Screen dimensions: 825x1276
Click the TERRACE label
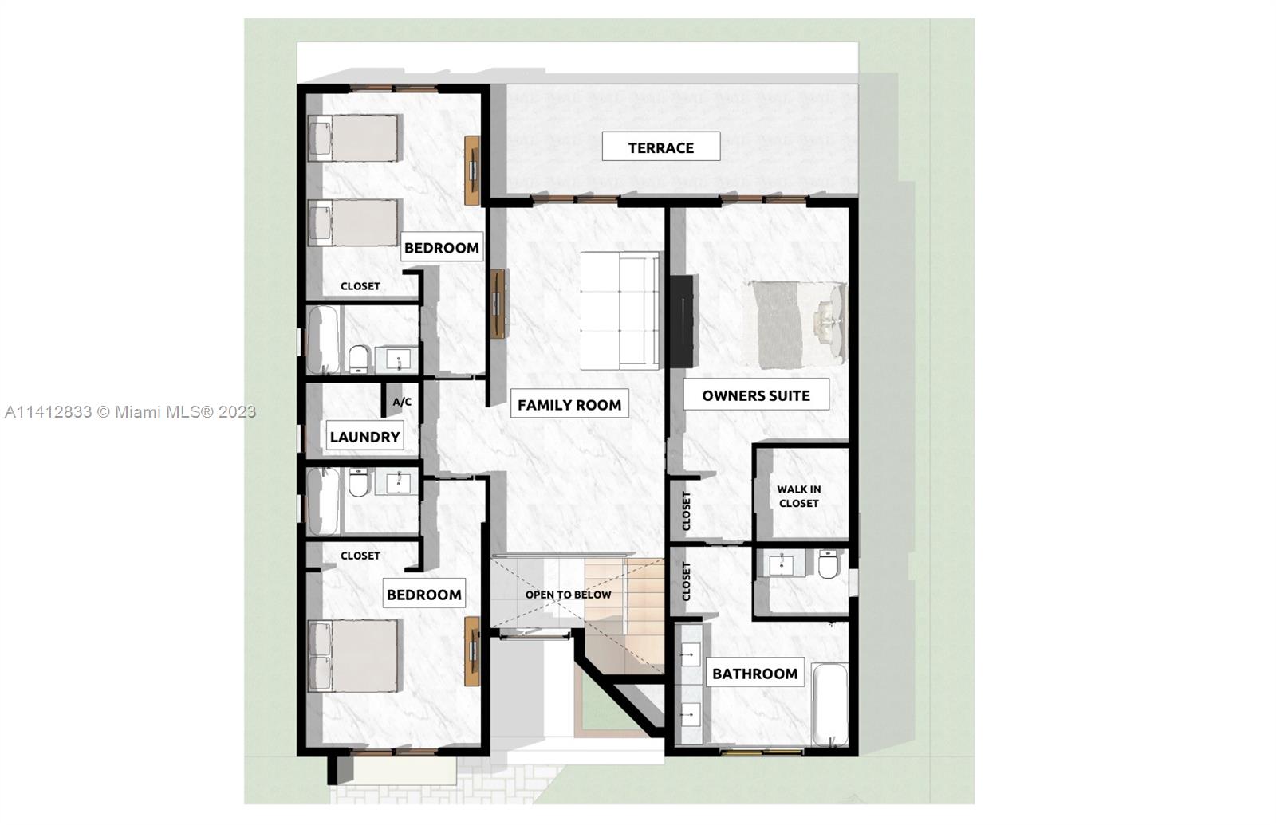660,147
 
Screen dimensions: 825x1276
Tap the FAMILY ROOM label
569,405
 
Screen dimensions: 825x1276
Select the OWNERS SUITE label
755,395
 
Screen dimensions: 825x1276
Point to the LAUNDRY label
364,437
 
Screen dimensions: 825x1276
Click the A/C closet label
402,402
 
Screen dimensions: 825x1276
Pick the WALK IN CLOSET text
798,497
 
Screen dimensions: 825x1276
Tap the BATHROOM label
754,674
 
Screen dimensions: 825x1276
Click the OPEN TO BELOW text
568,595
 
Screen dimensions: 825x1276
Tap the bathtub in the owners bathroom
829,705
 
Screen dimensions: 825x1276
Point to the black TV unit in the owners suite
681,320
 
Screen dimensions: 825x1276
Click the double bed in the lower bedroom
353,656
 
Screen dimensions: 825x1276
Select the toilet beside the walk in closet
828,565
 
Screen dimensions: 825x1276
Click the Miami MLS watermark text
130,412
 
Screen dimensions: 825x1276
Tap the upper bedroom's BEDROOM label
441,248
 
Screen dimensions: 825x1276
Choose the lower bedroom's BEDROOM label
423,595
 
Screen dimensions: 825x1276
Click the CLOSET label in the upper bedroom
360,286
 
